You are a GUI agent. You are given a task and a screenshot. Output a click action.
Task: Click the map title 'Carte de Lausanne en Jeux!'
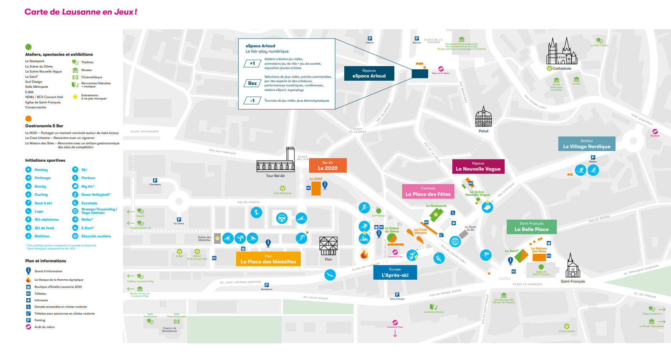81,12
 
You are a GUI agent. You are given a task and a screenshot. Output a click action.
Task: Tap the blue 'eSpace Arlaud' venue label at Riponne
369,73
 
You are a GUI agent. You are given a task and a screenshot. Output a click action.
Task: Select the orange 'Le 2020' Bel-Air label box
327,166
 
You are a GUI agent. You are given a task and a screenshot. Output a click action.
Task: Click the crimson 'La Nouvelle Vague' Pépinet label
478,166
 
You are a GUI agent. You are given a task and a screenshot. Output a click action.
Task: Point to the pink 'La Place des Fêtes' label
428,191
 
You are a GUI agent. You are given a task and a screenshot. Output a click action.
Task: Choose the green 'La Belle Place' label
531,227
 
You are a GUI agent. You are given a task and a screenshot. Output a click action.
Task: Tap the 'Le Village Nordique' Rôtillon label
586,144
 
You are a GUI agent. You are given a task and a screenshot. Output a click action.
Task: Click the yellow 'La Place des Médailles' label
268,259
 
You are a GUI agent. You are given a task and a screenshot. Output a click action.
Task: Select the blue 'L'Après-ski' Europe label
395,273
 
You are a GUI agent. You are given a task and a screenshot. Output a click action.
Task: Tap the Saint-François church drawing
572,266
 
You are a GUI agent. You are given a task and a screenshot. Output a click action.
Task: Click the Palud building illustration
483,117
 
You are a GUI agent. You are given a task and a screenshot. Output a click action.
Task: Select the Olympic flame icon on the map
364,254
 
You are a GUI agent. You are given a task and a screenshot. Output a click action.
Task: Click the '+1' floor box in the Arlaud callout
252,64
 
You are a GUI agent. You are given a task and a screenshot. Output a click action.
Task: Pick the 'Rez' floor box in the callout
252,83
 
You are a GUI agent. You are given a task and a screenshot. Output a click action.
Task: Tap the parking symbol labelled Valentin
370,38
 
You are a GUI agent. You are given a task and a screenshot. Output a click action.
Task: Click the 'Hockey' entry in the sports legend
41,170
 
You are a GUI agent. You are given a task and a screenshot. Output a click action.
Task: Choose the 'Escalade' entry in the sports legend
89,203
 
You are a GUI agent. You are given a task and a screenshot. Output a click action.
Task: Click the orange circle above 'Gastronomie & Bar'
28,118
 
